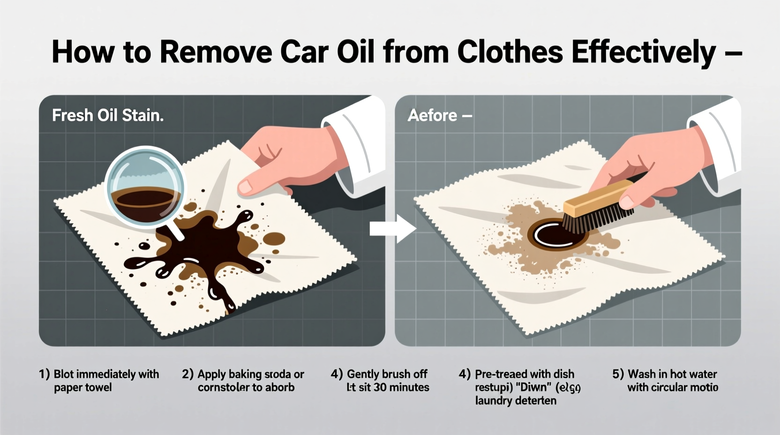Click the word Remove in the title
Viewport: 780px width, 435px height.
(215, 52)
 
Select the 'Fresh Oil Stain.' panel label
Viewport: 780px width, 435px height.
(108, 115)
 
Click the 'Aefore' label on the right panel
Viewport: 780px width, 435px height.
(432, 115)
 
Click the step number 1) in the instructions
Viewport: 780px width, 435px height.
(44, 374)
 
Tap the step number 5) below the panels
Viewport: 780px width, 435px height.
(618, 374)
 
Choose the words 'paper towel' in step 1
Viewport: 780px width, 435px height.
(82, 387)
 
